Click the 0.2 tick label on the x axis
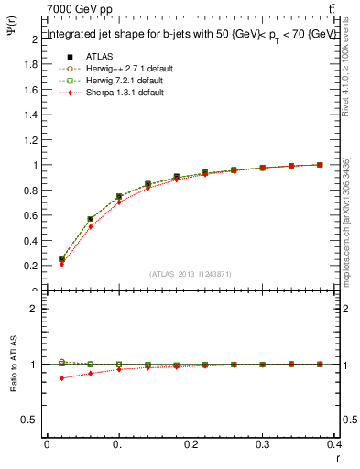pos(191,446)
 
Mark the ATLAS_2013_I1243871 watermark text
pos(191,274)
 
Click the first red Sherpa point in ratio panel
pos(61,377)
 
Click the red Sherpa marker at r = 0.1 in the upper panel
pos(119,202)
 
